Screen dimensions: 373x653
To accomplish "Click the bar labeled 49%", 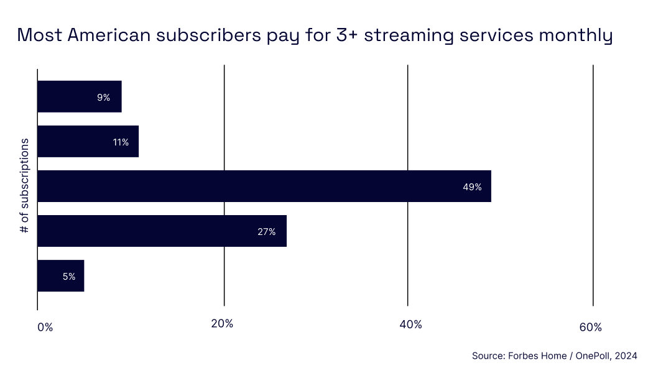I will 264,186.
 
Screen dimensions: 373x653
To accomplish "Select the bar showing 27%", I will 162,231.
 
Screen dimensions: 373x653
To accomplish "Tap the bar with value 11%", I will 88,142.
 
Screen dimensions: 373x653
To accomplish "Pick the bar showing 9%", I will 79,97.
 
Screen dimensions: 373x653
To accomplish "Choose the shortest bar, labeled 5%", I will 60,276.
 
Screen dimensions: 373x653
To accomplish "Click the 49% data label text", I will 472,186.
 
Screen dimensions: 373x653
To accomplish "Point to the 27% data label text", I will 267,231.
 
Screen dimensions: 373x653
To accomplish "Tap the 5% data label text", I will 69,277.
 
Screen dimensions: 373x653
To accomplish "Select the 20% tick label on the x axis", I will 222,324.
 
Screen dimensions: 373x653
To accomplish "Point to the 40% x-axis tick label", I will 410,325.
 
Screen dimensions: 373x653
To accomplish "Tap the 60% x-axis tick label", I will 590,328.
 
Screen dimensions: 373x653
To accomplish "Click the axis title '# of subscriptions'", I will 25,186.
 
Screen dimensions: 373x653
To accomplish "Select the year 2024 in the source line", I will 626,356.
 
